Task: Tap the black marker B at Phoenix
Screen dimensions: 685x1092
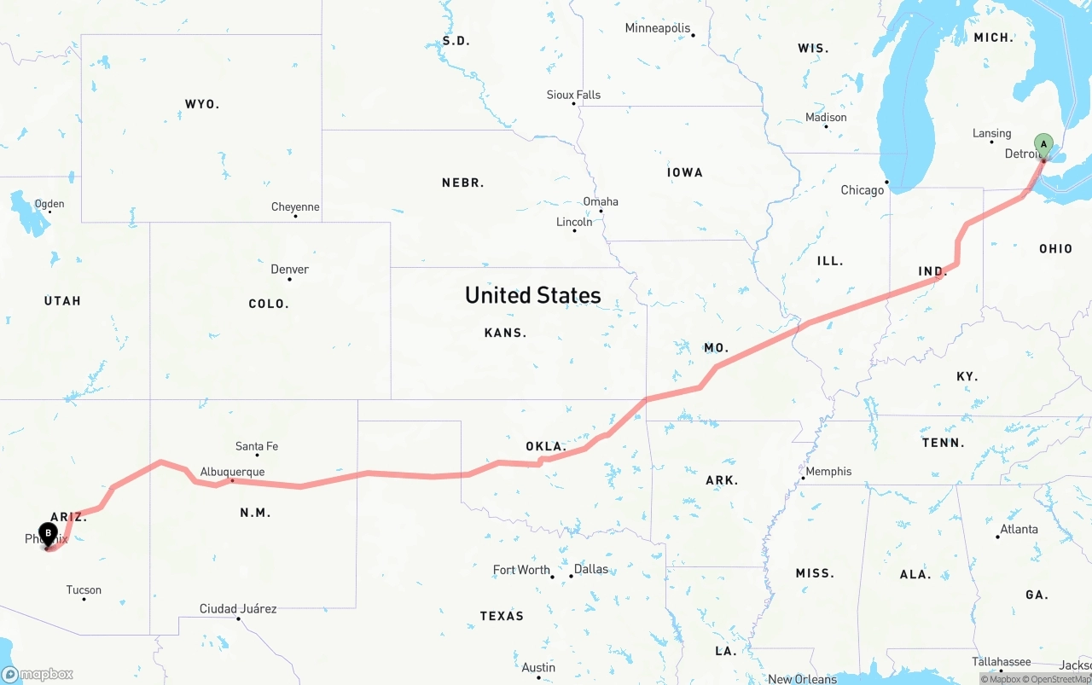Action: pos(49,534)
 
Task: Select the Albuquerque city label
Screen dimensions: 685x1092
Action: pos(232,472)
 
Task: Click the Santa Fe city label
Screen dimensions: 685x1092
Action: pos(256,446)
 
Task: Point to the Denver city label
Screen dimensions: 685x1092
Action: pos(289,270)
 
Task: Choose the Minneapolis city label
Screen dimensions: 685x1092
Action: pos(657,28)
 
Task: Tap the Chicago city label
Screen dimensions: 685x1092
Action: pos(862,189)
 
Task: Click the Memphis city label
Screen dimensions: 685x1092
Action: pos(828,471)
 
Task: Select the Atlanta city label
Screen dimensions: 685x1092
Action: pos(1019,529)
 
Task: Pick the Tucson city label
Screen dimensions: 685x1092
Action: pos(84,589)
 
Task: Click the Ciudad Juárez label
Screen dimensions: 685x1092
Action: pos(238,608)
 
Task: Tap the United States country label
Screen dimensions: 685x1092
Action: pos(532,295)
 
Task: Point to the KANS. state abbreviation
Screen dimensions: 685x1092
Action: pos(505,333)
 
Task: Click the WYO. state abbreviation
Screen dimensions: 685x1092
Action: pos(202,104)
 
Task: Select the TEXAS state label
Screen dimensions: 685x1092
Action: pos(502,616)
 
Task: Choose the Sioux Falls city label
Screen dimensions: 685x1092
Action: pos(573,95)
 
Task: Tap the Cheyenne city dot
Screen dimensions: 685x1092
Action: pos(295,216)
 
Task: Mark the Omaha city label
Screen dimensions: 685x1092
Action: pos(601,201)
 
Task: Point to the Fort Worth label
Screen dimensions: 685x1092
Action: pos(521,570)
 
